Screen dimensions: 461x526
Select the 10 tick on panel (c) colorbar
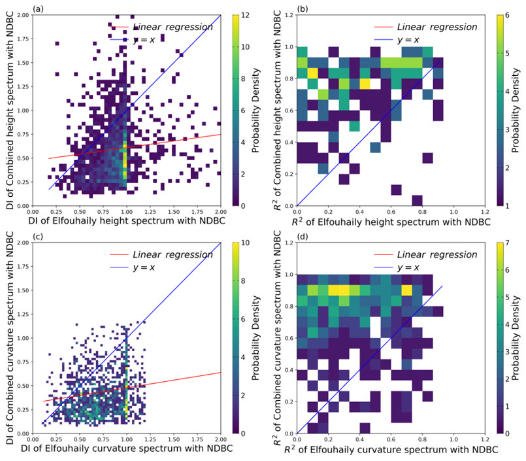tap(242, 243)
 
